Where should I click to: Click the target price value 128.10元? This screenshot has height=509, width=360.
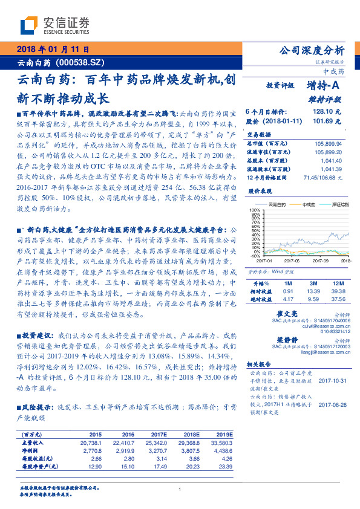tap(327, 112)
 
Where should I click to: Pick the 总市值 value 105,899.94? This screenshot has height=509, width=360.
tap(329, 143)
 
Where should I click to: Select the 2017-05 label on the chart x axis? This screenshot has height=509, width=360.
tap(292, 261)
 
